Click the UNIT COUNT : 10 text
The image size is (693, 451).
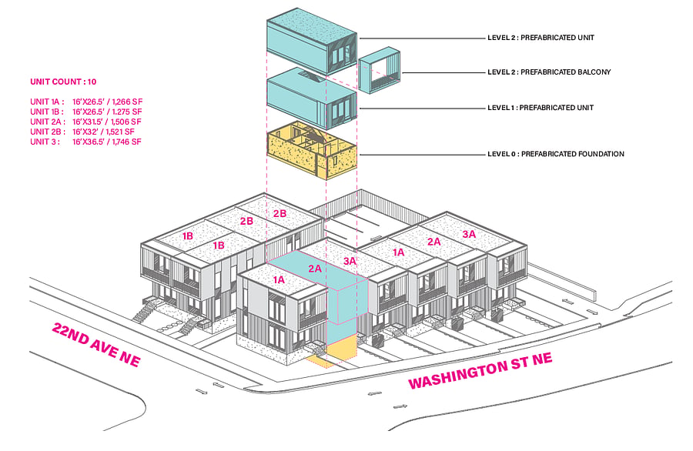click(x=63, y=82)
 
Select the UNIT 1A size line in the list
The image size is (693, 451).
click(x=86, y=102)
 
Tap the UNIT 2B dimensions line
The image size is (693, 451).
click(x=82, y=132)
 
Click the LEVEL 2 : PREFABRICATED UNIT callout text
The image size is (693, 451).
click(x=541, y=38)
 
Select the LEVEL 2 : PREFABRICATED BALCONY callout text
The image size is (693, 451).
click(x=549, y=72)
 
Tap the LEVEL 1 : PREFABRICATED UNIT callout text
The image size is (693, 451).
click(x=540, y=107)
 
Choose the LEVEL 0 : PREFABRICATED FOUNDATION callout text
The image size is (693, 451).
click(x=555, y=154)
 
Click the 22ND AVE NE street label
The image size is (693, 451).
click(x=96, y=345)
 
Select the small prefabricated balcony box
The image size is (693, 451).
click(x=379, y=70)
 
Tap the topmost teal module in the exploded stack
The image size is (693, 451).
click(x=312, y=41)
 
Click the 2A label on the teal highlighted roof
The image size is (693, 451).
click(x=315, y=269)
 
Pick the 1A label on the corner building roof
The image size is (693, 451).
click(x=279, y=279)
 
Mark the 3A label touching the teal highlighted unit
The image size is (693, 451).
click(x=350, y=261)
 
